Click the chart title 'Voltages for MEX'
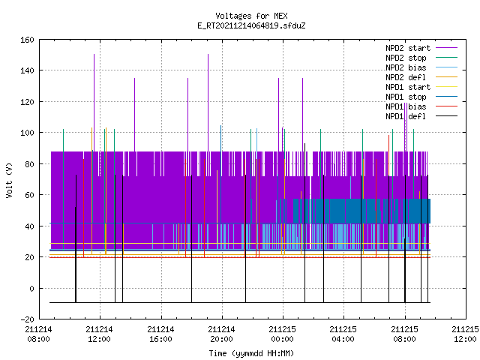tap(251, 16)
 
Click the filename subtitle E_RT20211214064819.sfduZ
tap(251, 25)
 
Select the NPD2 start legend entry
tap(421, 48)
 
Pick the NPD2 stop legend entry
tap(421, 58)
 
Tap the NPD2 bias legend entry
tap(421, 67)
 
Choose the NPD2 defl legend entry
tap(421, 77)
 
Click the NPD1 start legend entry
tap(421, 87)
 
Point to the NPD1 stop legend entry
tap(421, 97)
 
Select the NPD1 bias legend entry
tap(421, 106)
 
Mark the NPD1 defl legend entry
tap(421, 117)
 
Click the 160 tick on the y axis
tap(27, 40)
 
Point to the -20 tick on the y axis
tap(27, 319)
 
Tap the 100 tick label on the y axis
tap(27, 133)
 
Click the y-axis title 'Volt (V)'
tap(9, 180)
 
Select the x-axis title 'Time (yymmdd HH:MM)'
tap(251, 353)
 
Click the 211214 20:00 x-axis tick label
tap(221, 334)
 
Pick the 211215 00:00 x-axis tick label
tap(282, 334)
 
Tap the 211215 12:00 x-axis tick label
tap(465, 334)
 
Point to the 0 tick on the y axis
tap(31, 289)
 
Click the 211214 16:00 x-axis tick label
tap(160, 334)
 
